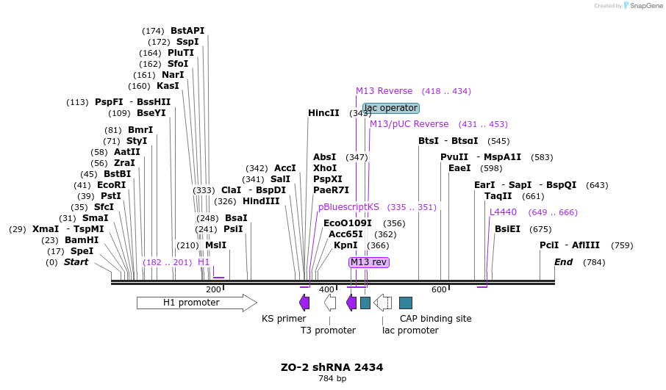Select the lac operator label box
[x=391, y=108]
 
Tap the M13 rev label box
[x=369, y=262]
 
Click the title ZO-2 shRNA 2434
[x=332, y=367]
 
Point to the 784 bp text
[x=332, y=379]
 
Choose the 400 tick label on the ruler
[x=326, y=289]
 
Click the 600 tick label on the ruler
[x=439, y=289]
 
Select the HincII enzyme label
[x=323, y=113]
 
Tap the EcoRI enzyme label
[x=111, y=185]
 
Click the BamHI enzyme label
[x=81, y=240]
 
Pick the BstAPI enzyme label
[x=187, y=31]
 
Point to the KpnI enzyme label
[x=345, y=245]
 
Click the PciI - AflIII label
[x=570, y=245]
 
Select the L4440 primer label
[x=503, y=212]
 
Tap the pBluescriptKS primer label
[x=348, y=207]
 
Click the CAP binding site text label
[x=435, y=319]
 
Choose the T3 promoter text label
[x=328, y=331]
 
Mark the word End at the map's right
[x=563, y=262]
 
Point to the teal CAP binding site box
[x=406, y=303]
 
